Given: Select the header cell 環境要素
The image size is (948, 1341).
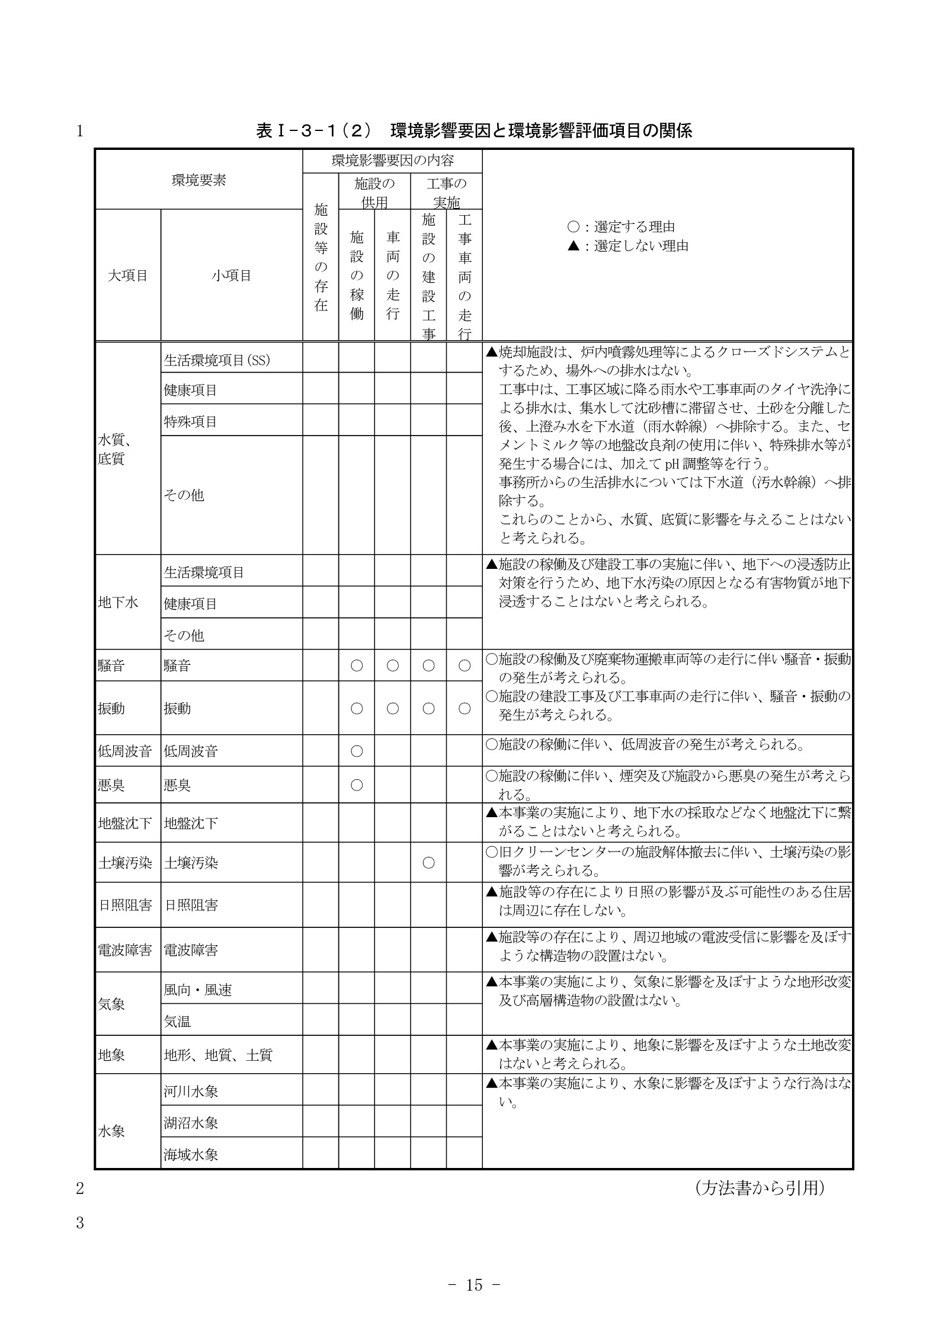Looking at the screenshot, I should click(x=198, y=181).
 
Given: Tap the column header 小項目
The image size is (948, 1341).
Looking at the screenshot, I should click(x=232, y=276).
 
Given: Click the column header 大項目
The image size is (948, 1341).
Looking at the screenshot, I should click(x=127, y=276).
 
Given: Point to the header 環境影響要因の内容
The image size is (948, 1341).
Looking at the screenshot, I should click(x=392, y=161).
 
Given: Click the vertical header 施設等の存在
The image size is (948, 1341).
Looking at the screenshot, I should click(x=321, y=257).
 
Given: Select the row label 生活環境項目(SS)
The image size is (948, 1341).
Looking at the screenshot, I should click(x=217, y=360).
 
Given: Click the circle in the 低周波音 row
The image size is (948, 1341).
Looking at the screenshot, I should click(x=357, y=751).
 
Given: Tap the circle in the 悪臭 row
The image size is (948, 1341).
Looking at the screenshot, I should click(x=357, y=785).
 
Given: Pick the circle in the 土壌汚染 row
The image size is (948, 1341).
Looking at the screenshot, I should click(x=428, y=863).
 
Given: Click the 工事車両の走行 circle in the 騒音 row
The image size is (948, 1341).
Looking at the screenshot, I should click(x=465, y=666).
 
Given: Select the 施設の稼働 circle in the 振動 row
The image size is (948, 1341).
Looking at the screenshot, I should click(x=357, y=708).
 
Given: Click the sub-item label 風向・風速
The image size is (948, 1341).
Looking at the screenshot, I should click(x=198, y=990).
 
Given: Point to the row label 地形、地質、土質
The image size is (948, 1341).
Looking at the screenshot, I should click(x=218, y=1055).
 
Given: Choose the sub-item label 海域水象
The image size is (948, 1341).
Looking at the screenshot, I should click(x=191, y=1154).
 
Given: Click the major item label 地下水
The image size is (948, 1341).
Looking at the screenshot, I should click(x=118, y=603).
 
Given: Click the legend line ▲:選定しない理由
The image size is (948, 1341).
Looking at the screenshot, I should click(x=628, y=246).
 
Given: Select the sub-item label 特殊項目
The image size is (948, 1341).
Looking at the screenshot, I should click(x=191, y=422).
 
